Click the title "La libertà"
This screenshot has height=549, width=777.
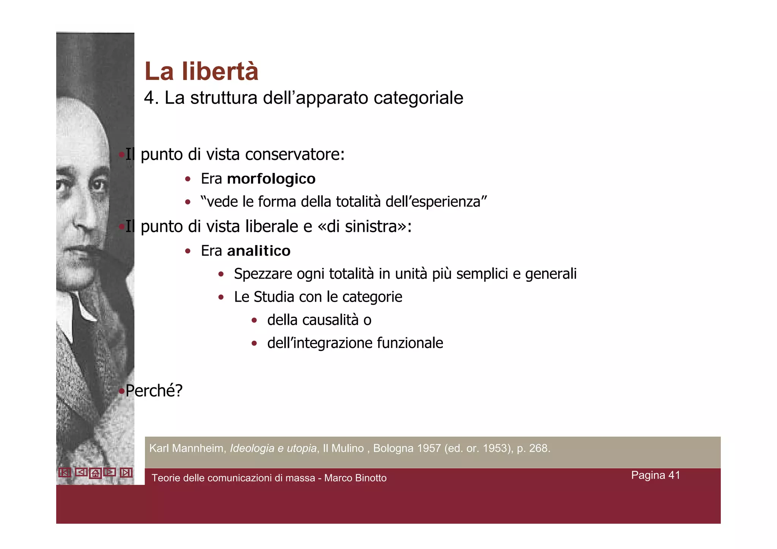click(201, 71)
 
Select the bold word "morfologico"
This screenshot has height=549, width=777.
click(271, 179)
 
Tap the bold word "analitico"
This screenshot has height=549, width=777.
click(258, 251)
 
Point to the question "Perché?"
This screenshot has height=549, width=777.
click(154, 390)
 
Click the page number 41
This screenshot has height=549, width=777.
click(674, 475)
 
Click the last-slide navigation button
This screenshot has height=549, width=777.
click(126, 472)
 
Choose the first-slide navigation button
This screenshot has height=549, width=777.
click(64, 472)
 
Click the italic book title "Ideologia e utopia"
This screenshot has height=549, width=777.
click(273, 448)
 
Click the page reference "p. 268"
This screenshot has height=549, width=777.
click(533, 448)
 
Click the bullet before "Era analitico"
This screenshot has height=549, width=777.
click(187, 251)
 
